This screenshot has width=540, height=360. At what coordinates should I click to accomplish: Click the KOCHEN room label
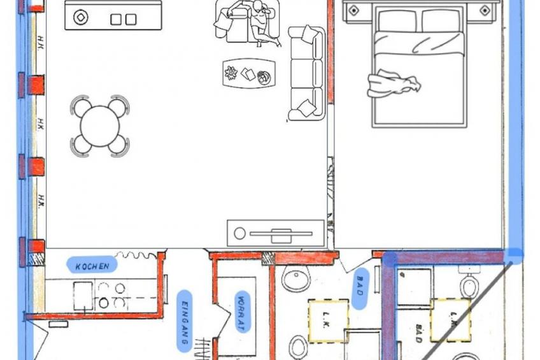pos(92,266)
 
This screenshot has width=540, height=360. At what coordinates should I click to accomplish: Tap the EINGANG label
pos(185,321)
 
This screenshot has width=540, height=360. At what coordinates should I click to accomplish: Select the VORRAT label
pos(242,312)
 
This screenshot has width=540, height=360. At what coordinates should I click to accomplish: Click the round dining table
pos(100,126)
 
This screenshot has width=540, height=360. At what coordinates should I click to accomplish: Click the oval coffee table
pos(249,73)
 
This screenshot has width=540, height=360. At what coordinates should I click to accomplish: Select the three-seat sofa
pos(306,73)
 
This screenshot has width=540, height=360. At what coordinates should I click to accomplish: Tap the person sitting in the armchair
pos(262,22)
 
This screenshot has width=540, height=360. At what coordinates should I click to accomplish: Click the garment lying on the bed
pos(394,83)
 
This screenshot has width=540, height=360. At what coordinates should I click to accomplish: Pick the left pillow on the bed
pos(398,21)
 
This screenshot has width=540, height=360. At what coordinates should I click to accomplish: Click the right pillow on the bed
pos(441,21)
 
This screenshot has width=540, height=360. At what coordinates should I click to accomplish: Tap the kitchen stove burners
pos(111,295)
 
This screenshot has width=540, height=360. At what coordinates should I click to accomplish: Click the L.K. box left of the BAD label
pos(328,321)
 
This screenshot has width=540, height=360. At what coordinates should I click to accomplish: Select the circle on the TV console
pos(239,233)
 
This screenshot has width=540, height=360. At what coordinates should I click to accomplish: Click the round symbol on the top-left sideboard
pos(81,17)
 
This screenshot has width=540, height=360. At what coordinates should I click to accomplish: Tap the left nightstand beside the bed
pos(353,10)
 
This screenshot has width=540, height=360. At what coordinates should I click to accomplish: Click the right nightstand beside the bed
pos(484,10)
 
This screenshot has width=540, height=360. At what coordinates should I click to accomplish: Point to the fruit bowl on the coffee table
pos(264,77)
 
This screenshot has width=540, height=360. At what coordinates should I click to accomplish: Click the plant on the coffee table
pos(231,73)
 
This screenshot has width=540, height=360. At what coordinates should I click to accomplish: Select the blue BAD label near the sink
pos(360,289)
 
